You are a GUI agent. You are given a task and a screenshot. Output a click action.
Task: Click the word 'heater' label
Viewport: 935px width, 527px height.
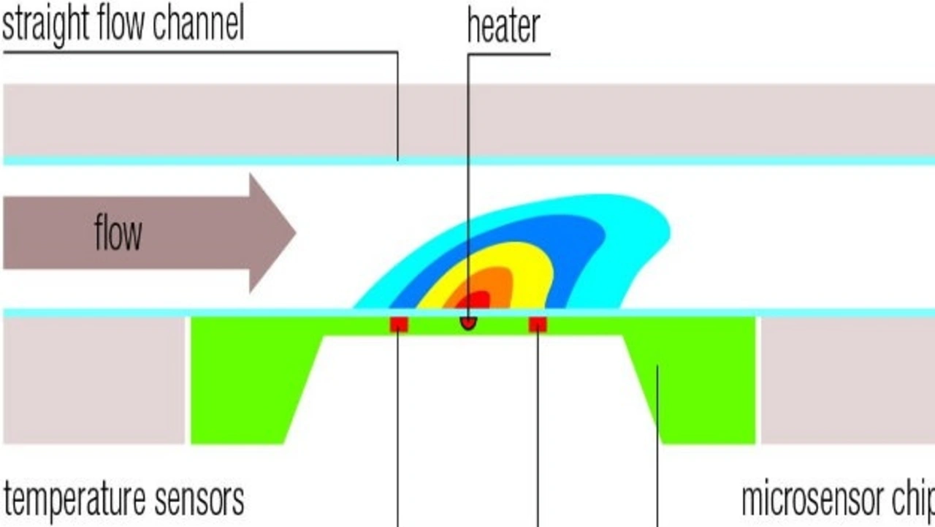tap(503, 27)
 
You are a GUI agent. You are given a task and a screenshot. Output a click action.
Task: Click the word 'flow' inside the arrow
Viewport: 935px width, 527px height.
tap(118, 235)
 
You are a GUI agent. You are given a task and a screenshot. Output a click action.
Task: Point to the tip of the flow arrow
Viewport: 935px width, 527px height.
tap(294, 233)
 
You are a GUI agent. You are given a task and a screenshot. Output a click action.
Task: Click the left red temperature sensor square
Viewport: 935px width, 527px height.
tap(398, 325)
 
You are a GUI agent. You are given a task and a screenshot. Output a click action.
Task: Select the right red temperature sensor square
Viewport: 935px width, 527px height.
tap(538, 325)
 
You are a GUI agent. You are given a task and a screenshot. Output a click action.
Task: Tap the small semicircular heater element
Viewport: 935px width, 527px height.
tap(468, 322)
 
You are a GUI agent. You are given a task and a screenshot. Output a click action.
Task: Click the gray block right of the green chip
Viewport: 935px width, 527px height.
tap(847, 380)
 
